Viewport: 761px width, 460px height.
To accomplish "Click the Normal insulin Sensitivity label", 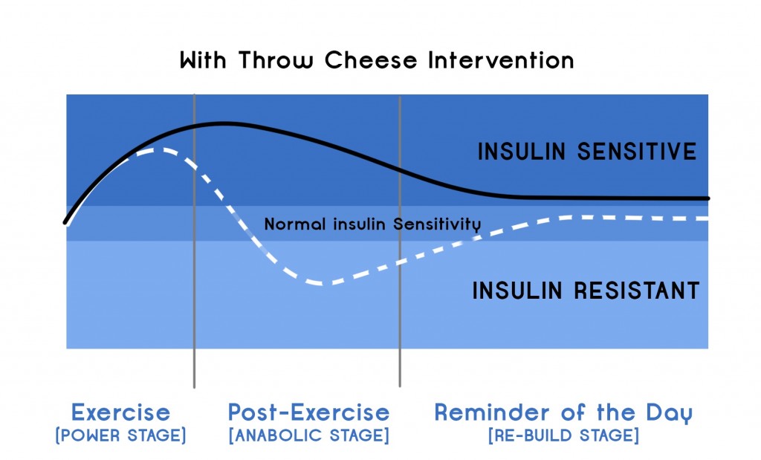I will click(x=372, y=224).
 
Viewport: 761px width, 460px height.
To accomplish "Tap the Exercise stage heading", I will click(x=120, y=412).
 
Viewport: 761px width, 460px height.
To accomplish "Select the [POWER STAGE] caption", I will click(x=120, y=435).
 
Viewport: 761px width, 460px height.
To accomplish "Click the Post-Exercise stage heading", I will click(x=308, y=412).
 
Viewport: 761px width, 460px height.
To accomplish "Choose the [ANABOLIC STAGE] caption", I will click(x=308, y=435).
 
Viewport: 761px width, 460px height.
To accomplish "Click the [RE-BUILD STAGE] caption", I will click(x=563, y=435).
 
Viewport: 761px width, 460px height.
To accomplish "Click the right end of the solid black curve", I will click(x=707, y=198).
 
